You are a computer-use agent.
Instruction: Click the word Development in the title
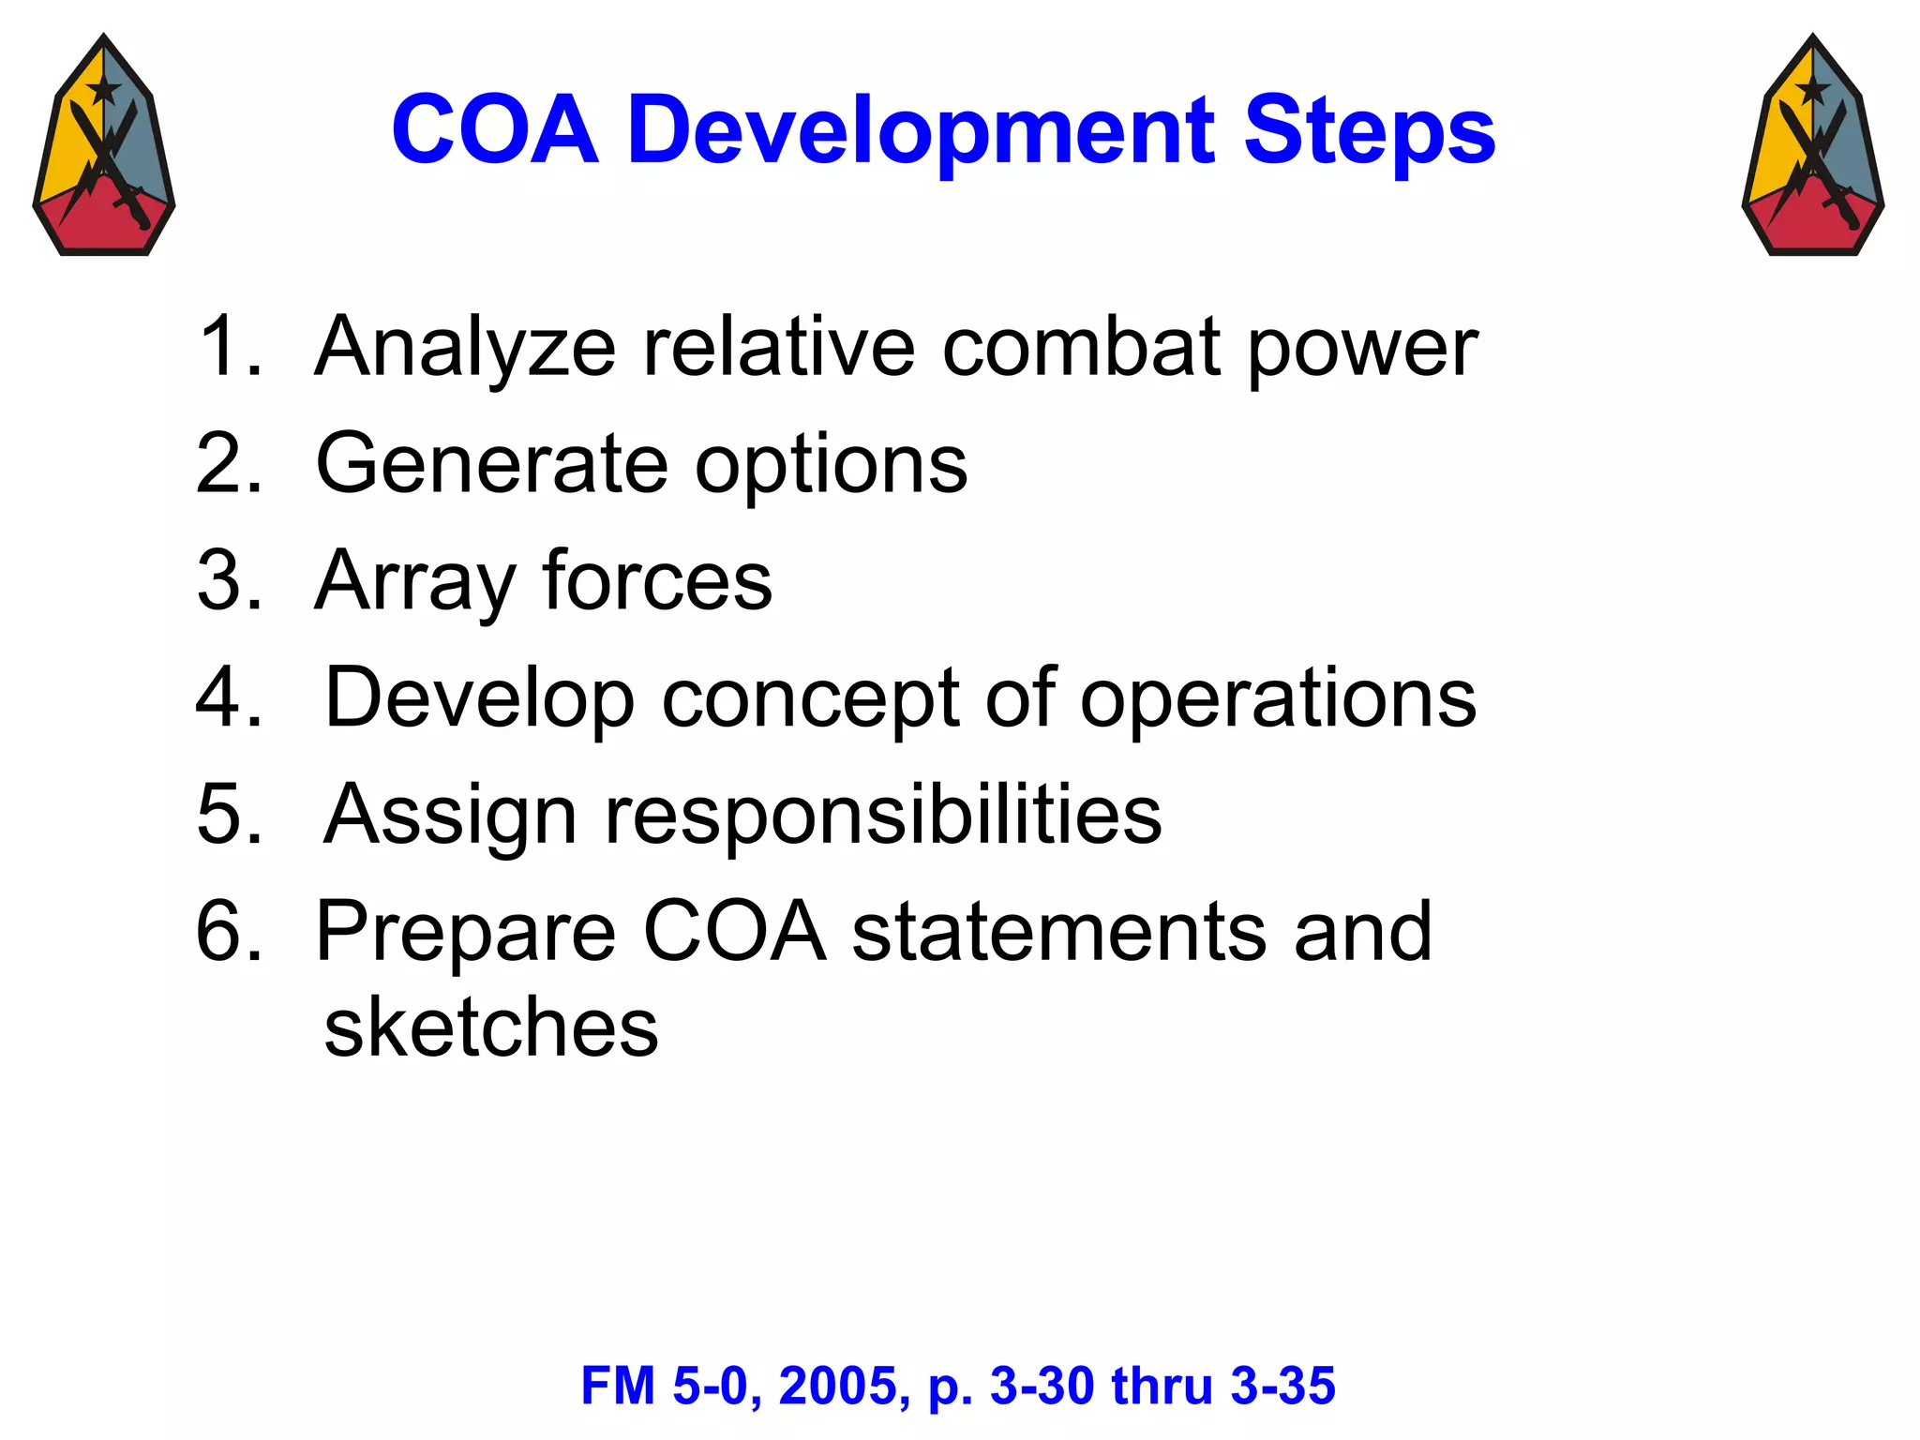click(x=922, y=131)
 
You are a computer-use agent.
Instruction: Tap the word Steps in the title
click(x=1369, y=131)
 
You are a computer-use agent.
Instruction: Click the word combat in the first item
click(x=1081, y=347)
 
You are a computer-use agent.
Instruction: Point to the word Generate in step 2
click(x=491, y=464)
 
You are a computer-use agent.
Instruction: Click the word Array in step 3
click(x=414, y=581)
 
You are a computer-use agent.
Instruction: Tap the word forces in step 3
click(x=656, y=581)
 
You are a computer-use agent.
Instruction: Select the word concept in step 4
click(x=811, y=698)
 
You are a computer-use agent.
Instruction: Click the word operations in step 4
click(x=1278, y=698)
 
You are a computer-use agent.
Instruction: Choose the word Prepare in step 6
click(x=465, y=933)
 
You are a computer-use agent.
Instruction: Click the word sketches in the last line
click(x=490, y=1027)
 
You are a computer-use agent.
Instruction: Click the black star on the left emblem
click(x=103, y=90)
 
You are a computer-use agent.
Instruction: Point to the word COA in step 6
click(x=734, y=933)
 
